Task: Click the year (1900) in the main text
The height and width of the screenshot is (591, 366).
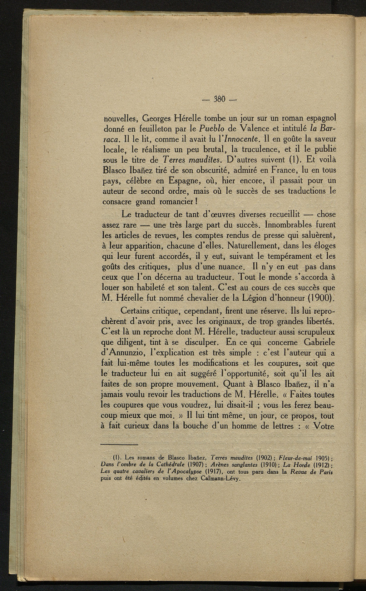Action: pos(321,297)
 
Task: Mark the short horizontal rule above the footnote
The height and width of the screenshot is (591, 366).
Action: pos(119,445)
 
